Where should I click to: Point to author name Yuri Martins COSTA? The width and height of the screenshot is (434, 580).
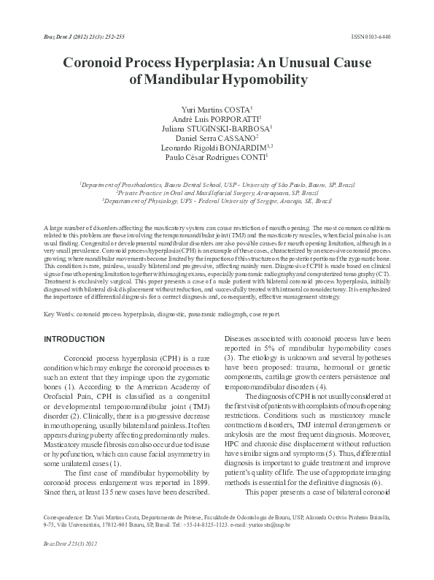pos(217,108)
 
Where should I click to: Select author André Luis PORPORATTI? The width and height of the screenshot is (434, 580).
pos(217,118)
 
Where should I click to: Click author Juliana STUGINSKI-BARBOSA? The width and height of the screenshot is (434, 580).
pos(217,128)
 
